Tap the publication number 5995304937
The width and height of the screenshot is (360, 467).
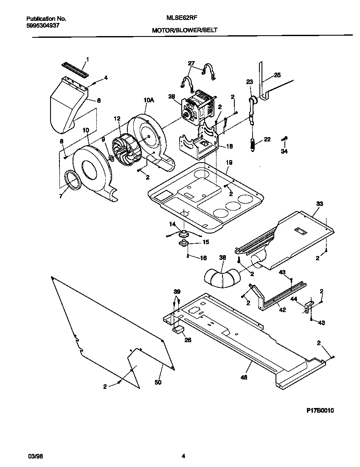(x=42, y=25)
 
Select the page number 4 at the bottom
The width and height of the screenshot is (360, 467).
(x=183, y=456)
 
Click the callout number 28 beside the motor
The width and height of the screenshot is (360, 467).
(x=172, y=96)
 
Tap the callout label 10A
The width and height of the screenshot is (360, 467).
(x=148, y=100)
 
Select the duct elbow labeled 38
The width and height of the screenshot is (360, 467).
(x=221, y=277)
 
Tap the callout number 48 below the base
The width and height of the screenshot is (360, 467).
(x=244, y=377)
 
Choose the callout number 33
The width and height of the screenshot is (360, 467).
(x=319, y=204)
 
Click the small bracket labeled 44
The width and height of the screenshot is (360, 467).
(x=307, y=307)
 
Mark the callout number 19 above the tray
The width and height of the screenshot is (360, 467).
(x=229, y=163)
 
